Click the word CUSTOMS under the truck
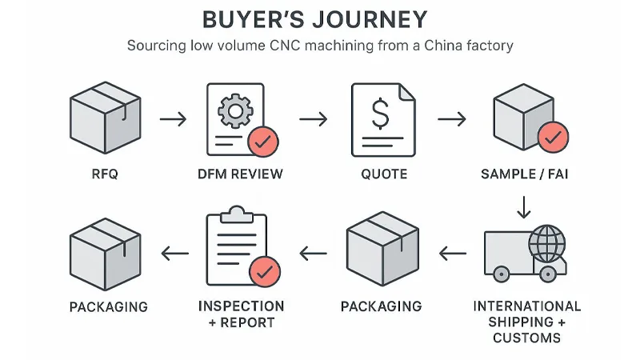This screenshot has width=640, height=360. pyautogui.click(x=527, y=337)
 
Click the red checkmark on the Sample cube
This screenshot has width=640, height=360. pyautogui.click(x=553, y=138)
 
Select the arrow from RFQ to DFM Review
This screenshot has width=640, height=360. pyautogui.click(x=173, y=120)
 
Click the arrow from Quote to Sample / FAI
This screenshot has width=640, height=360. pyautogui.click(x=451, y=120)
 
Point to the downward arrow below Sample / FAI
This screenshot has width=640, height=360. pyautogui.click(x=524, y=207)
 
